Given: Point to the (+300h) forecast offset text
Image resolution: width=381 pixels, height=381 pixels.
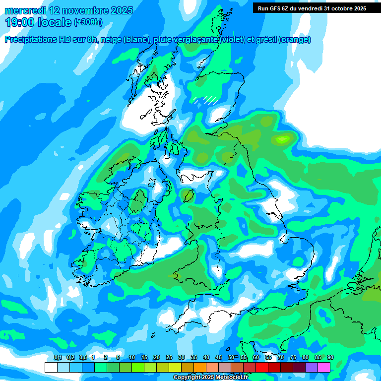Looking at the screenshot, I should pos(88,22).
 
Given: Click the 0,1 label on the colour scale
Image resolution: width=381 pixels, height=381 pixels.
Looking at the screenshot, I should pos(58,358).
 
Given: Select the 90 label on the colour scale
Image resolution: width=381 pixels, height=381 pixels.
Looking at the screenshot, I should pos(330,358).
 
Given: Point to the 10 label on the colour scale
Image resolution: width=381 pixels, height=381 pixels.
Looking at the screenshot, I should pos(132,358).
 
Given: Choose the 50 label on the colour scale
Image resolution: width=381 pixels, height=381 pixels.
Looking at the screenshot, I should pos(231,358).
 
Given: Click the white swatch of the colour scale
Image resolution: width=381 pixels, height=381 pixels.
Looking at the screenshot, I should pos(51,367).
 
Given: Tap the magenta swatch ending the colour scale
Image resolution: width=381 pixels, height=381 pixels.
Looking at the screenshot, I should pos(324,367).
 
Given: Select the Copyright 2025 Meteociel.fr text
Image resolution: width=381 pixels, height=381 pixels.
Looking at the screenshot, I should pos(210,378).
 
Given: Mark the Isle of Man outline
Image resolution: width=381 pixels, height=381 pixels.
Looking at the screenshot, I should pos(188,195).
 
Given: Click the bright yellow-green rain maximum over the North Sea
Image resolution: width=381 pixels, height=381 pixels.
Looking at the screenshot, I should pos(283,138).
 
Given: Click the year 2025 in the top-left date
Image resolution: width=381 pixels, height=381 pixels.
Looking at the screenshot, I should pos(120,10).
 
